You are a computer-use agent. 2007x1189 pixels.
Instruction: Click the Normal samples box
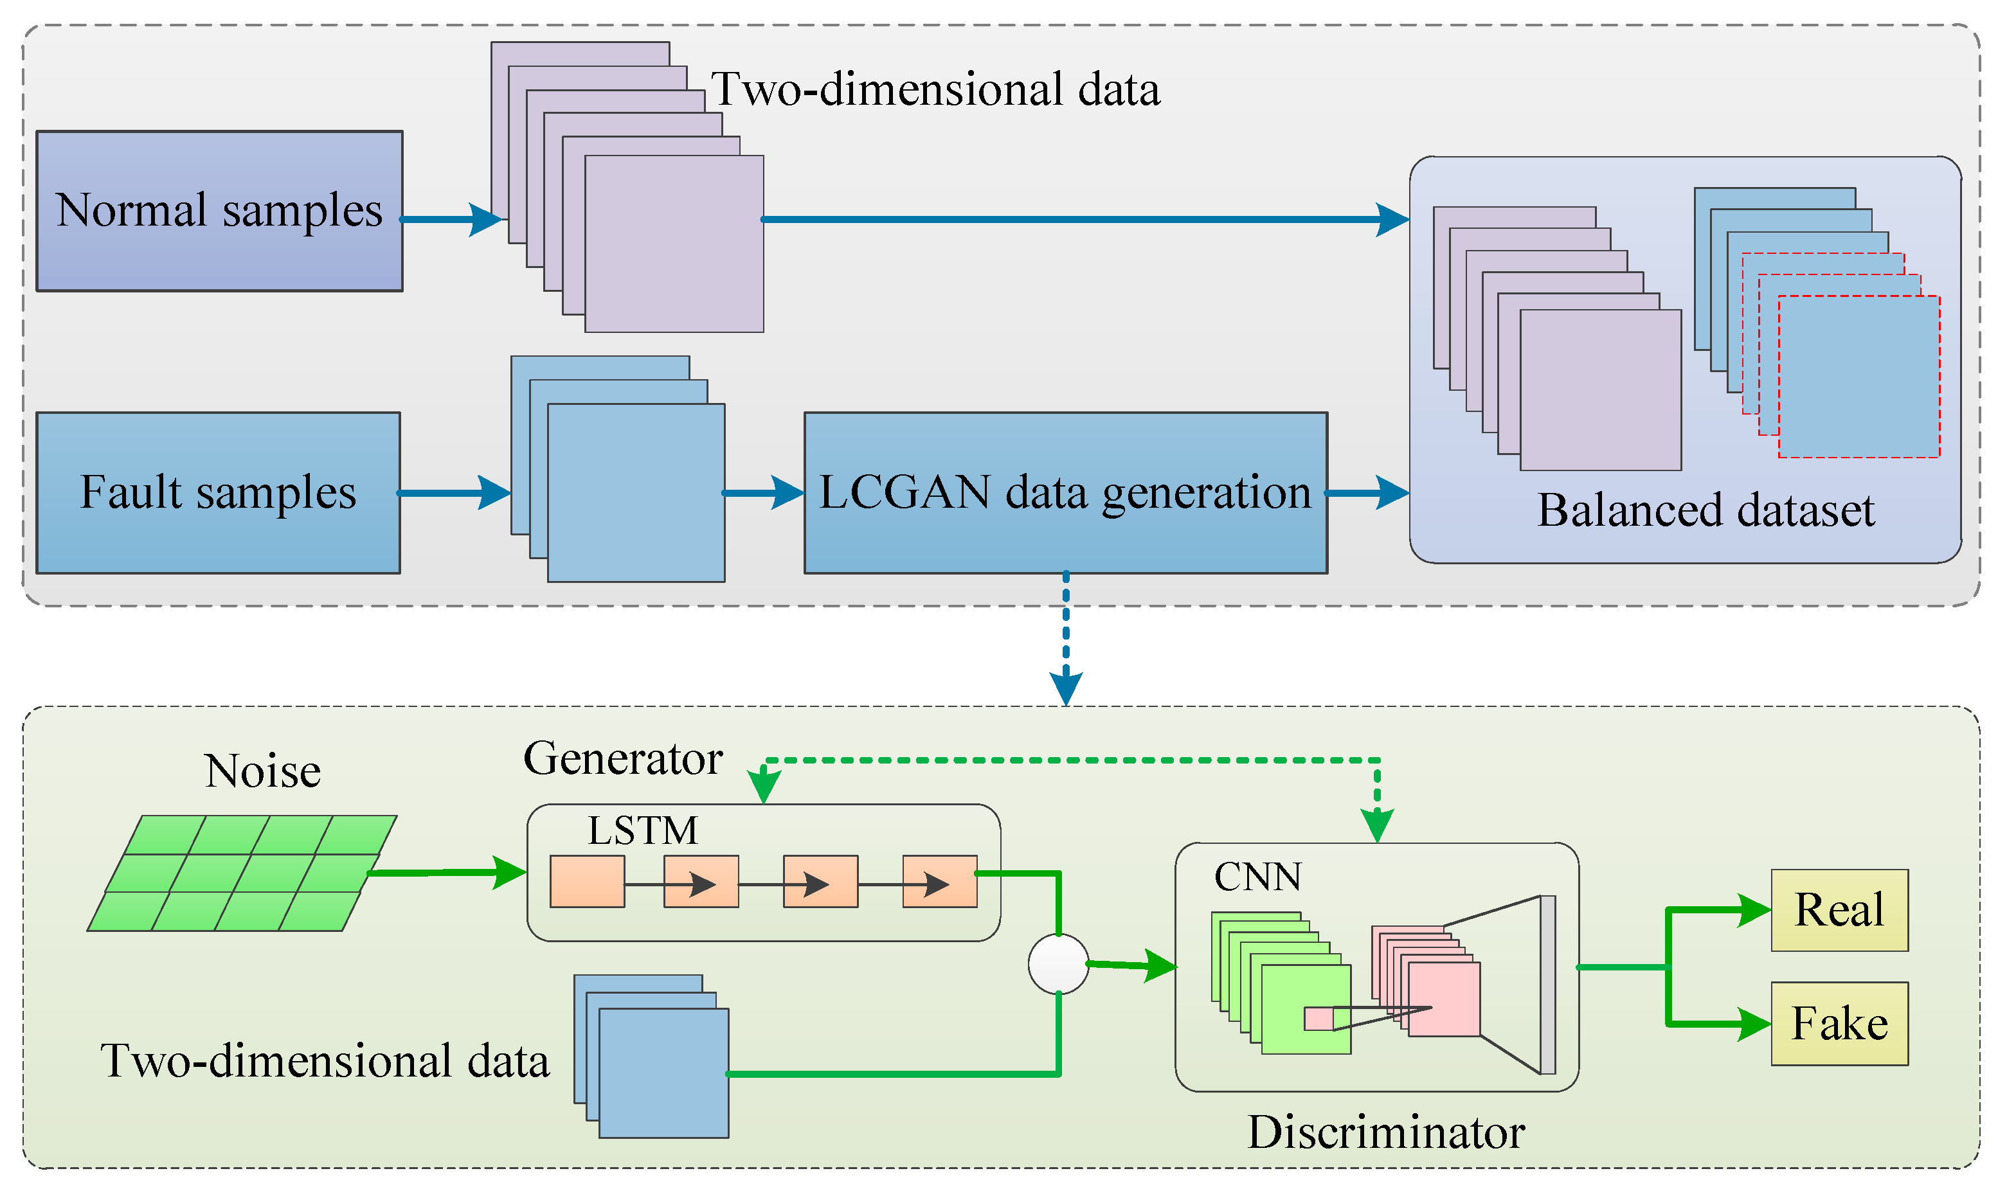coord(219,211)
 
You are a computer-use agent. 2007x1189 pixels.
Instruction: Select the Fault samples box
coord(218,493)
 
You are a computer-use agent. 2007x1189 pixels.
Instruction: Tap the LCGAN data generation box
coord(1066,493)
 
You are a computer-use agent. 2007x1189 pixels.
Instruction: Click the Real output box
coord(1840,910)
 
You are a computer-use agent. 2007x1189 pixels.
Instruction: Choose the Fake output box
coord(1840,1024)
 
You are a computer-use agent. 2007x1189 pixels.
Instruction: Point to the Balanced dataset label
coord(1706,510)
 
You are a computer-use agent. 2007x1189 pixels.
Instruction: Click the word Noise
coord(263,771)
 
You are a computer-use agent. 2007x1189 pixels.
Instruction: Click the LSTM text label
coord(643,830)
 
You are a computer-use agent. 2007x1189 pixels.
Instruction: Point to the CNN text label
coord(1258,877)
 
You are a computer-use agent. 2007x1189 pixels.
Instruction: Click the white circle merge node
coord(1058,964)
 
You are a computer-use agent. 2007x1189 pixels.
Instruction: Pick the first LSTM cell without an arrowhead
coord(588,881)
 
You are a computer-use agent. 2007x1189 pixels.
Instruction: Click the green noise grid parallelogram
coord(242,873)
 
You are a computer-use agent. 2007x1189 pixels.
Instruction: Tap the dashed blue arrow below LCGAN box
coord(1066,639)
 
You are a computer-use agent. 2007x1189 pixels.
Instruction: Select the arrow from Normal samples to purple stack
coord(451,219)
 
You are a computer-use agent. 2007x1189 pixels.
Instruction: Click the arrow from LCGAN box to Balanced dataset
coord(1367,493)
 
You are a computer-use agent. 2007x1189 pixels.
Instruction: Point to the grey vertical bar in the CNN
coord(1548,985)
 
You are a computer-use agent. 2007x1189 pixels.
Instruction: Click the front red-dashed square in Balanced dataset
coord(1859,377)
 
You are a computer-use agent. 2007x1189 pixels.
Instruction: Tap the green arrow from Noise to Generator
coord(447,873)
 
